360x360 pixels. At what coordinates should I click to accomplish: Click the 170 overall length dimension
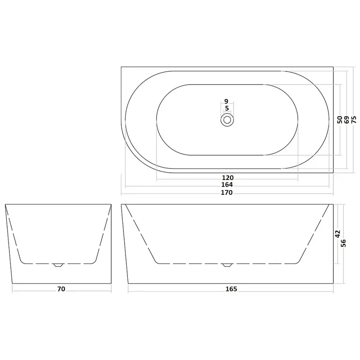coord(227,193)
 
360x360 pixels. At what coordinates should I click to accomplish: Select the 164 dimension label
coord(227,184)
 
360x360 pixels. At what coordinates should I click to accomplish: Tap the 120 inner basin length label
coord(228,178)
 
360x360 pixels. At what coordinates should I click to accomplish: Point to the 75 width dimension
coord(354,120)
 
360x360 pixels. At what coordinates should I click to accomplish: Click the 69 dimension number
coord(346,120)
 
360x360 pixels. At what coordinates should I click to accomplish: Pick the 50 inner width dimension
coord(340,120)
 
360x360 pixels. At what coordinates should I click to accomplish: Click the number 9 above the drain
coord(226,101)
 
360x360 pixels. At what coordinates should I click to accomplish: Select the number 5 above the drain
coord(227,108)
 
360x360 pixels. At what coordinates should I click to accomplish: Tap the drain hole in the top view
coord(227,120)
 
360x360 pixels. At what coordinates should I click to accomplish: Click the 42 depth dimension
coord(337,234)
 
